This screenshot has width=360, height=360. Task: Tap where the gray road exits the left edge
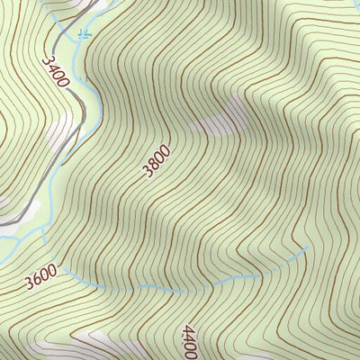click(1, 221)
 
